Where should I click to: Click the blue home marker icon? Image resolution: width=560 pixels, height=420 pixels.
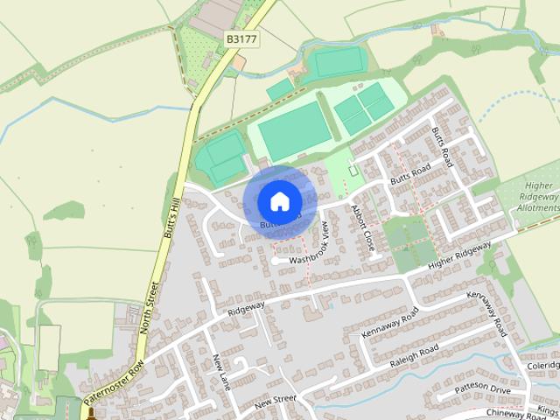(279, 201)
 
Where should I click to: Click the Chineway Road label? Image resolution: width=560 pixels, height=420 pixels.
(515, 413)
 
